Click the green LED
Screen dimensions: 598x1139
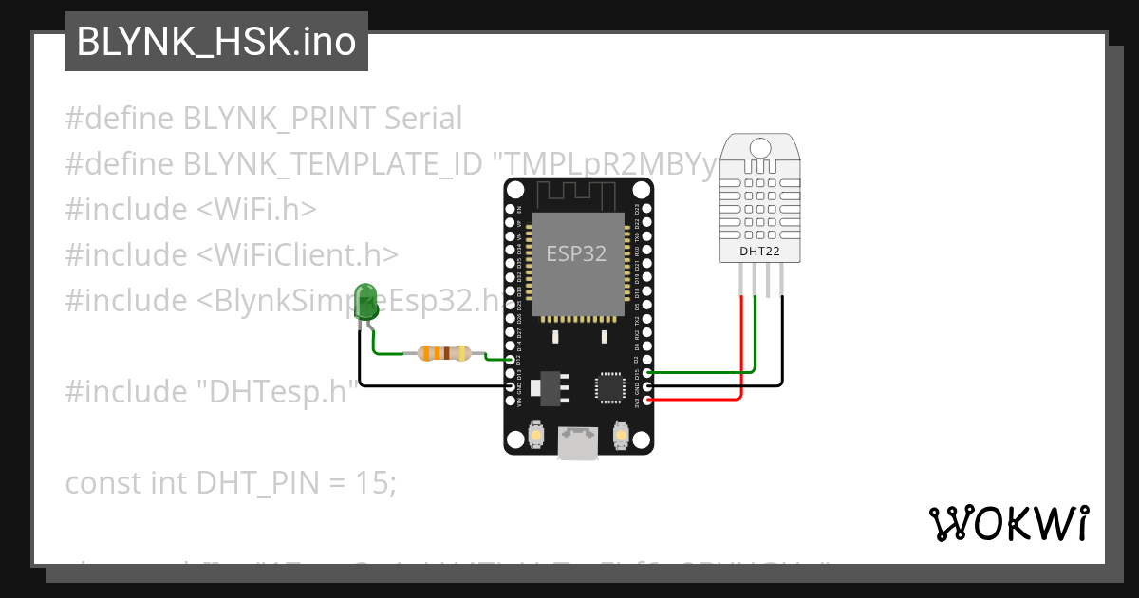(x=364, y=302)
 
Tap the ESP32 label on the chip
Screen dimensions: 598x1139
(x=576, y=253)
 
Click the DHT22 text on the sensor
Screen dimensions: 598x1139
(x=759, y=252)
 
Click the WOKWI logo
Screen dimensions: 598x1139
(x=1008, y=522)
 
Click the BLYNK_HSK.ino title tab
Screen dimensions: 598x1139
(x=215, y=42)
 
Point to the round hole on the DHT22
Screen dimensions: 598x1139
(x=759, y=148)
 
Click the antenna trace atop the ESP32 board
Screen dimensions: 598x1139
(x=578, y=196)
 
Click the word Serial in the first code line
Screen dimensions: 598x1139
(x=424, y=119)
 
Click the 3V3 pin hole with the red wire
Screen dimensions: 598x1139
(x=647, y=400)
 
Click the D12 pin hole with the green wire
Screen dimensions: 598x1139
(x=511, y=360)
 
